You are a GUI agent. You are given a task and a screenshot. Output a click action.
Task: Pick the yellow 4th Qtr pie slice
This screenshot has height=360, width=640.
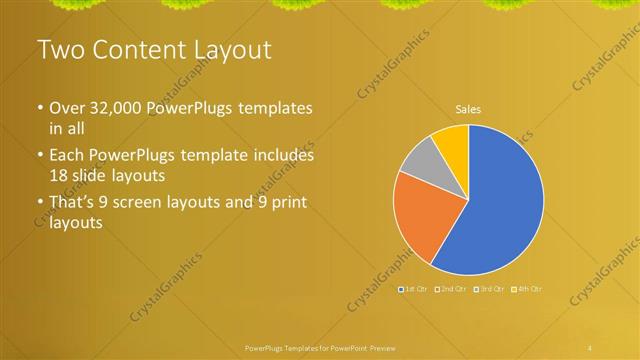pyautogui.click(x=452, y=141)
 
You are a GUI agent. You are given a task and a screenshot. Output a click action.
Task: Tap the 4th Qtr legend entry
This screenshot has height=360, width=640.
pyautogui.click(x=528, y=289)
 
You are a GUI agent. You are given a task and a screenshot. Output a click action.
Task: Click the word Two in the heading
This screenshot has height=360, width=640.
pyautogui.click(x=60, y=49)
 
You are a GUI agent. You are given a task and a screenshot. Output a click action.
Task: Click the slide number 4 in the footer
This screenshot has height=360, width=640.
pyautogui.click(x=590, y=347)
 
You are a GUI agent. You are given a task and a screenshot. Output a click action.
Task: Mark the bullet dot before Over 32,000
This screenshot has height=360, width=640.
pyautogui.click(x=40, y=108)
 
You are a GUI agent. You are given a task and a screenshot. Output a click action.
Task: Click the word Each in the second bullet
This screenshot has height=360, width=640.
pyautogui.click(x=68, y=156)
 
